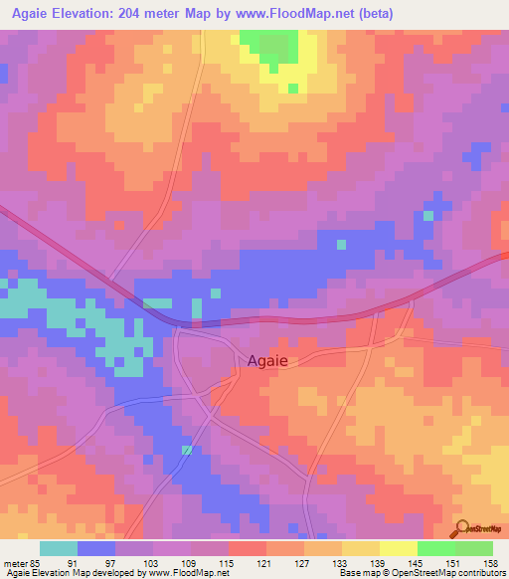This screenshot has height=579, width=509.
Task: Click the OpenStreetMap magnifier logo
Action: pos(462,527)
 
